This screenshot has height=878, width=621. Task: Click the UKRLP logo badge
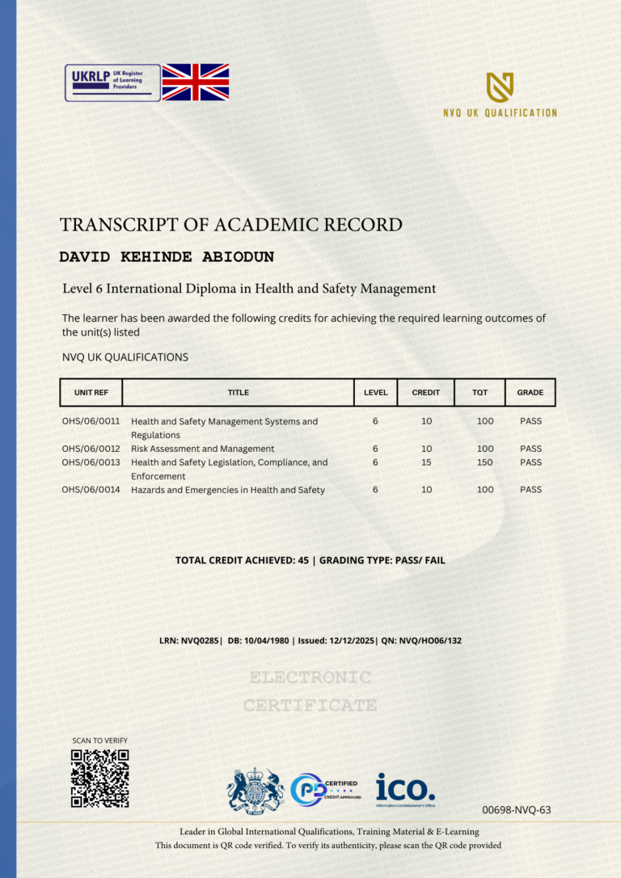pos(112,82)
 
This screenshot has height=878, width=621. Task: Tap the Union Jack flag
pos(196,82)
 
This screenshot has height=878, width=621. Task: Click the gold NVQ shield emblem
pos(500,87)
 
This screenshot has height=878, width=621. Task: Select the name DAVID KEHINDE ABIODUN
pos(167,257)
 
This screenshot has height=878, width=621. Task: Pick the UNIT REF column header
pos(91,393)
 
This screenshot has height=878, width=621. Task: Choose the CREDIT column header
pos(426,393)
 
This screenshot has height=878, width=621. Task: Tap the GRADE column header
pos(530,393)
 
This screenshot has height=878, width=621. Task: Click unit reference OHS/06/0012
pos(91,449)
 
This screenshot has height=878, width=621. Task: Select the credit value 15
pos(426,462)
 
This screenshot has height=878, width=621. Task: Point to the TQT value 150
pos(485,462)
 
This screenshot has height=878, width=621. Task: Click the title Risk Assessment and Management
pos(202,449)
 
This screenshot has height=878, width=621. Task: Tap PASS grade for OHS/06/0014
pos(530,490)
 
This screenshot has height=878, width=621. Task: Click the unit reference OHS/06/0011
pos(91,421)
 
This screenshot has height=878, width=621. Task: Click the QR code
pos(99,779)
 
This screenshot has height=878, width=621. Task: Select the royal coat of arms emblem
pos(256,790)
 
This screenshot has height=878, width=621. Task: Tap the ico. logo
pos(405,787)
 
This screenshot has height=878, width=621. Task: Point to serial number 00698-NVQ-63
pos(516,809)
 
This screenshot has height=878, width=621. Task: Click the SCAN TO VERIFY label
pos(99,741)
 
